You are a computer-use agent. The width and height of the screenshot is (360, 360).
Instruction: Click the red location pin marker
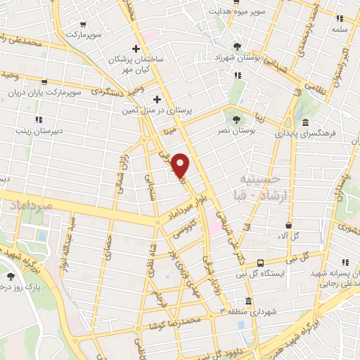(x=181, y=165)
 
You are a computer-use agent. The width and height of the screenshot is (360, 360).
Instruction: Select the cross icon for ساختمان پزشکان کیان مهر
(x=136, y=48)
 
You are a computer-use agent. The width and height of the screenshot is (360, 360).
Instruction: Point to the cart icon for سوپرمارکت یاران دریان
(x=45, y=82)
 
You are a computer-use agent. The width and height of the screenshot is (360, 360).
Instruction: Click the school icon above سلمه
(x=340, y=19)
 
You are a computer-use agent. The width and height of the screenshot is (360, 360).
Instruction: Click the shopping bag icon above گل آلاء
(x=288, y=225)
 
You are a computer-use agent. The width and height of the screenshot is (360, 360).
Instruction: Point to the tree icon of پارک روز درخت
(x=11, y=276)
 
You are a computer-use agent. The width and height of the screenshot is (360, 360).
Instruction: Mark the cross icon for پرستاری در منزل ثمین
(x=158, y=99)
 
